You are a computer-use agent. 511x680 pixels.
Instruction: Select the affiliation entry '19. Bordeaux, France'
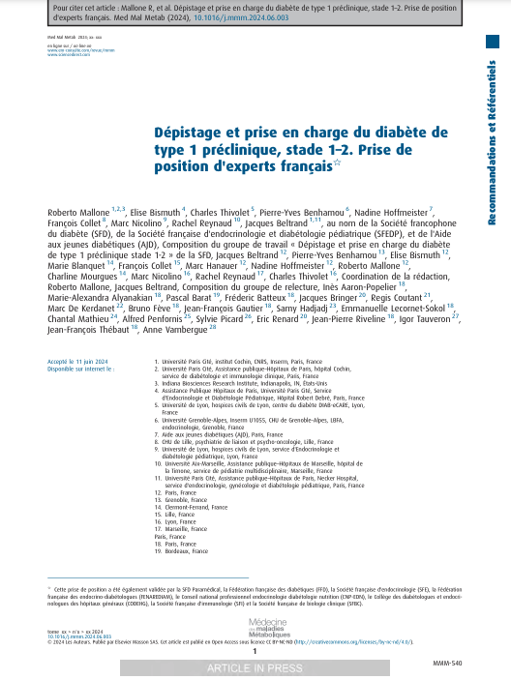pyautogui.click(x=190, y=551)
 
